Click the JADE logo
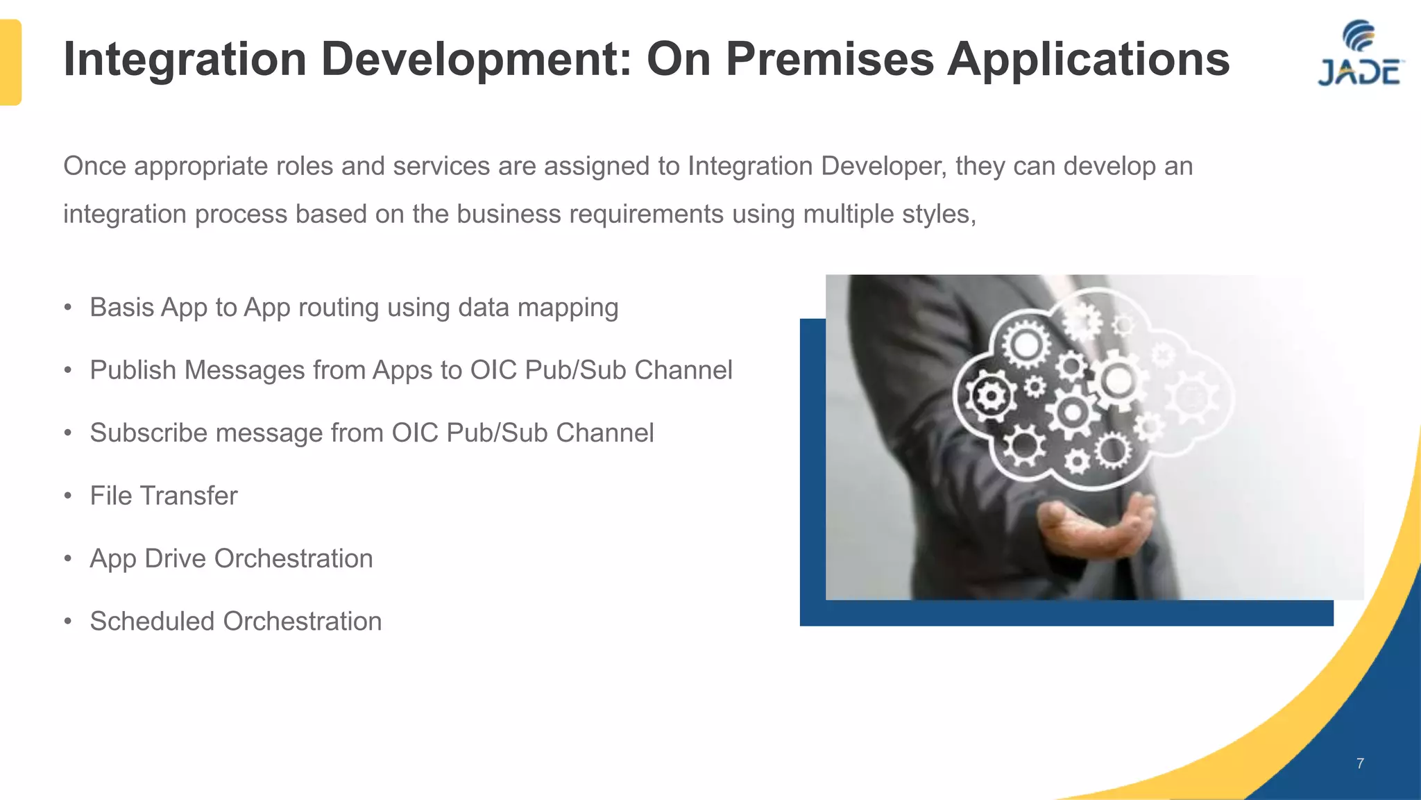[x=1359, y=55]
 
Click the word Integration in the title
[x=185, y=59]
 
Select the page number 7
[x=1360, y=763]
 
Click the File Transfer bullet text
[x=164, y=496]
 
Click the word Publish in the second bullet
[x=133, y=370]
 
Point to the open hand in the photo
[x=1096, y=528]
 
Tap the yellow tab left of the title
[x=10, y=62]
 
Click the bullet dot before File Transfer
[x=68, y=496]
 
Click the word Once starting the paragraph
[x=94, y=167]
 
